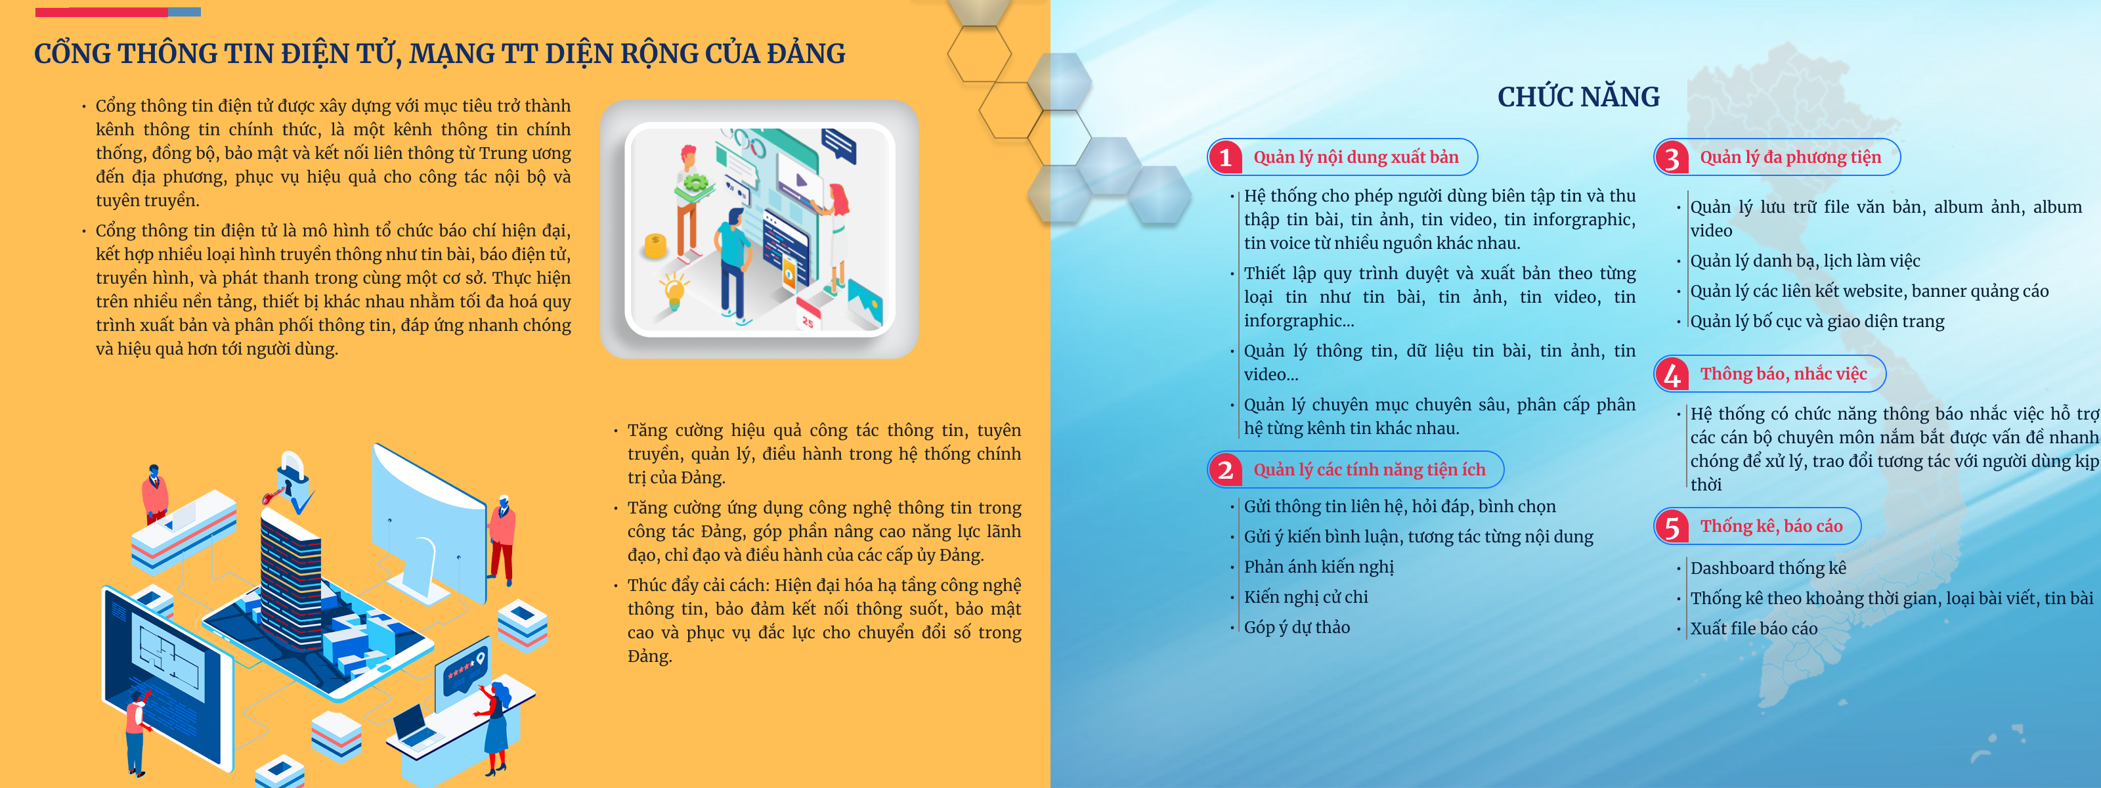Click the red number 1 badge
click(1225, 158)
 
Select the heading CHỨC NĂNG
click(1578, 97)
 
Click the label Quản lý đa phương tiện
click(1790, 158)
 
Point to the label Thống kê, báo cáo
click(1771, 526)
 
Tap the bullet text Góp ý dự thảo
click(1297, 627)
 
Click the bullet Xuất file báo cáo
click(1754, 628)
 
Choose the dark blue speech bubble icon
click(838, 144)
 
